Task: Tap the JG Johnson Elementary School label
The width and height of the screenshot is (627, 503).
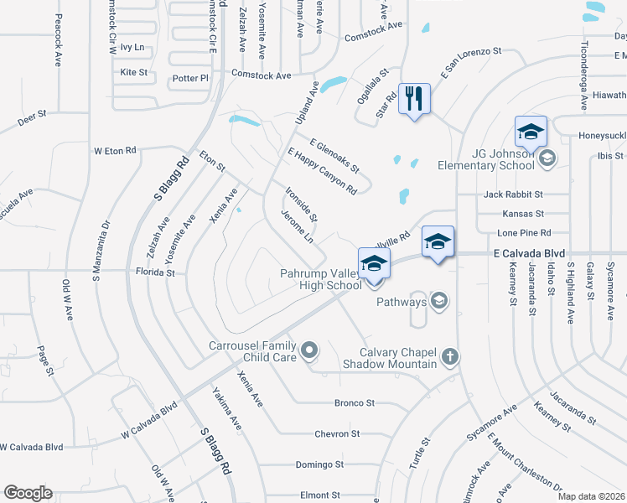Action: tap(486, 159)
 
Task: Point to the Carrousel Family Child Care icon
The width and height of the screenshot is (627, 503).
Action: tap(309, 350)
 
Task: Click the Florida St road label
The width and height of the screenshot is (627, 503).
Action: tap(155, 272)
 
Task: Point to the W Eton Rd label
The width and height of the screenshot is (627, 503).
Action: tap(115, 151)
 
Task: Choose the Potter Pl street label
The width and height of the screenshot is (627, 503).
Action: tap(190, 78)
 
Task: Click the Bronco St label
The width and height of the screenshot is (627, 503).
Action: tap(354, 403)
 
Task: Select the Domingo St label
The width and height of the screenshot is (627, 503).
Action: tap(323, 464)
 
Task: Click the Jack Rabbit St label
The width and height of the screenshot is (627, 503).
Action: tap(514, 194)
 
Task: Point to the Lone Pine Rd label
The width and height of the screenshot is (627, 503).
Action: tap(524, 232)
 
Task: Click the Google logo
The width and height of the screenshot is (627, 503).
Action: tap(28, 493)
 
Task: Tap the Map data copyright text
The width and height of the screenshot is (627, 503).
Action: tap(592, 496)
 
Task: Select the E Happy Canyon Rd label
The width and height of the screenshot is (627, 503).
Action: tap(321, 172)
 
